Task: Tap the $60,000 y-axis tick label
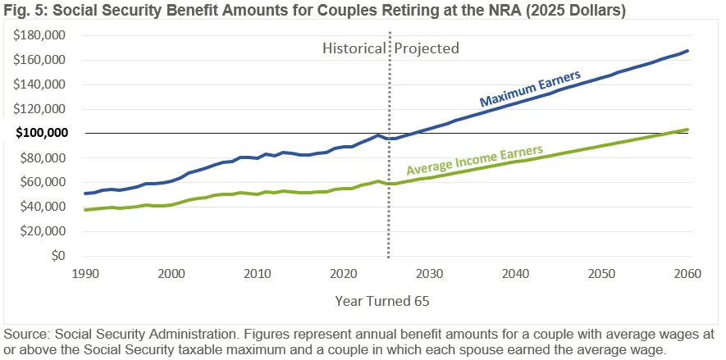(x=43, y=182)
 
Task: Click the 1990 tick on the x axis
(x=84, y=272)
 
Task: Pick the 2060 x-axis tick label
(x=687, y=272)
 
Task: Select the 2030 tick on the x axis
(x=429, y=272)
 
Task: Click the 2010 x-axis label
(x=257, y=272)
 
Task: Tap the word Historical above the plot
(x=354, y=48)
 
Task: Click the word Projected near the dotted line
(x=427, y=48)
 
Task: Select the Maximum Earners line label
(x=530, y=89)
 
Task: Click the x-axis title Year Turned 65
(x=382, y=301)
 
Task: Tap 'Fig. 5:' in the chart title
(x=23, y=11)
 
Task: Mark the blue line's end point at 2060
(x=687, y=51)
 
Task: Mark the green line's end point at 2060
(x=687, y=130)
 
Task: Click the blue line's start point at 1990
(x=84, y=194)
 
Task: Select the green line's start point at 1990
(x=84, y=210)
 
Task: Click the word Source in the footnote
(x=25, y=335)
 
